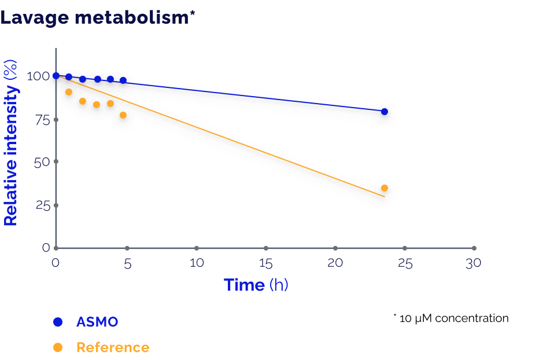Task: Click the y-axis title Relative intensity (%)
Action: tap(11, 142)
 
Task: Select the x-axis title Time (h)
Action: tap(256, 285)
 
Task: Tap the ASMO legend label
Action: tap(97, 322)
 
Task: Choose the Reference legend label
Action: tap(113, 348)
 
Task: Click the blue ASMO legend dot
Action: tap(57, 322)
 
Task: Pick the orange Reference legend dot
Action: tap(57, 348)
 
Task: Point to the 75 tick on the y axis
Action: tap(38, 120)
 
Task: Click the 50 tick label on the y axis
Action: tap(38, 162)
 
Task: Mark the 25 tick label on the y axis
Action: tap(38, 205)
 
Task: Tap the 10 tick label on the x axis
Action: tap(197, 263)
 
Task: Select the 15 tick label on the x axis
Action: tap(266, 263)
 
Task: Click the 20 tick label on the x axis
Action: tap(335, 263)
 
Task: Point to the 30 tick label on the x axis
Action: tap(474, 263)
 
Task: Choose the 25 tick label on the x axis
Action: tap(405, 263)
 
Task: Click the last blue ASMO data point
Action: tap(384, 111)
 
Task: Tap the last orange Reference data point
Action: tap(384, 188)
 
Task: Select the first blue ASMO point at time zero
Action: tap(56, 76)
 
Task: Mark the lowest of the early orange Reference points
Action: tap(123, 115)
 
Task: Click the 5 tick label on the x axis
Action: tap(128, 263)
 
